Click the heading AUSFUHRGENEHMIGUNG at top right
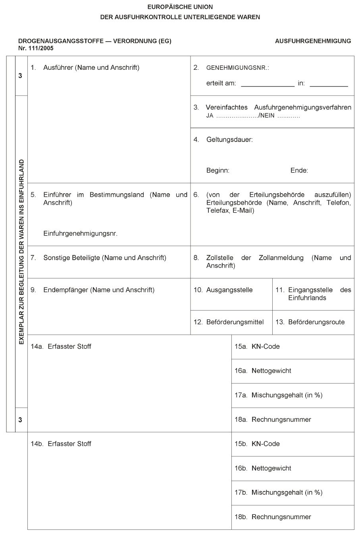pos(313,41)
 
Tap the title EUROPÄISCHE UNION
pos(180,7)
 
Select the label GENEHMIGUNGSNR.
pos(237,68)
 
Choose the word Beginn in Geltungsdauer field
pos(218,171)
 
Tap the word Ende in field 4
pos(299,171)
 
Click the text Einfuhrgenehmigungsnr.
pos(80,234)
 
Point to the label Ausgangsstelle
pos(229,290)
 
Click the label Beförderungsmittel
pos(235,322)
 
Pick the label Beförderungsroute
pos(316,322)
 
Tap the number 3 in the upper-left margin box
pos(20,76)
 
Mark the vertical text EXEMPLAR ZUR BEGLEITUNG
pos(21,251)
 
